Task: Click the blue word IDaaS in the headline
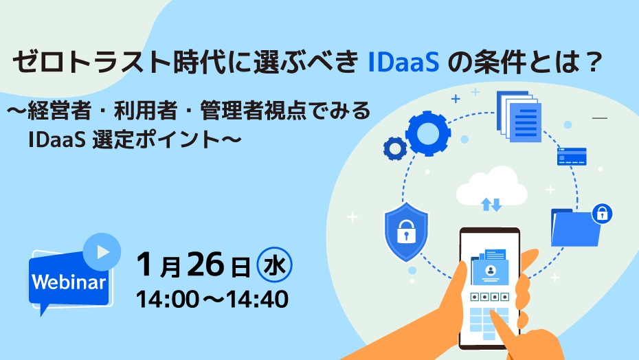tap(403, 63)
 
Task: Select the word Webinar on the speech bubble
tap(69, 282)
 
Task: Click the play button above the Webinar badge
tap(102, 252)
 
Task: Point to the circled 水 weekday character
tap(274, 265)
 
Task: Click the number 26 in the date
tap(206, 265)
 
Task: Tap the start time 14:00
tap(168, 300)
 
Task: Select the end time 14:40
tap(257, 300)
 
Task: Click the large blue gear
tap(427, 133)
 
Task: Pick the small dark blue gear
tap(395, 148)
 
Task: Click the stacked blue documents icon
tap(519, 116)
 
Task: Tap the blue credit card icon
tap(572, 157)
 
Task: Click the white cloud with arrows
tap(491, 188)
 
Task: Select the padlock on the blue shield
tap(406, 232)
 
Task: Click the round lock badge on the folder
tap(602, 214)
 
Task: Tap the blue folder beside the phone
tap(575, 228)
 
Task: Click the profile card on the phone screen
tap(491, 271)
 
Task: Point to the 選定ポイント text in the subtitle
tap(167, 139)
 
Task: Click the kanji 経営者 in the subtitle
tap(59, 111)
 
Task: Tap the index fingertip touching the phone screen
tap(493, 315)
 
